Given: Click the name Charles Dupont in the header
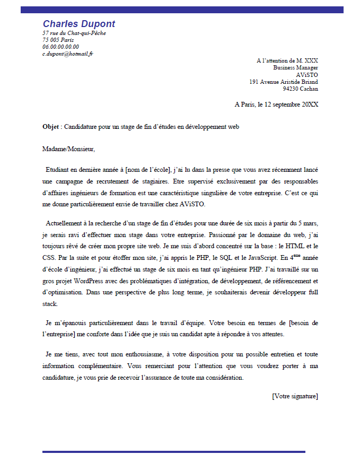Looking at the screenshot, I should tap(78, 24).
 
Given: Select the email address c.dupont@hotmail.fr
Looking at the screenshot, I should tap(68, 54).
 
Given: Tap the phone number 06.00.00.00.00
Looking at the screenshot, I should tap(60, 47).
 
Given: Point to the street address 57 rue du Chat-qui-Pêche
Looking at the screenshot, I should tap(74, 33).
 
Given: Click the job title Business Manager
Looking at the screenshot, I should tap(295, 68).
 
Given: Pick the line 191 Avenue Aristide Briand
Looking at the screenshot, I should tap(284, 82).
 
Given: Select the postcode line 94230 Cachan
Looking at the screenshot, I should tap(300, 89).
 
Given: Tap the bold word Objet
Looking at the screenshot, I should tap(51, 127).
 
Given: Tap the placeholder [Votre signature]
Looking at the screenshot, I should tap(295, 396).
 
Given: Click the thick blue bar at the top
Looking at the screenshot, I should tap(182, 10).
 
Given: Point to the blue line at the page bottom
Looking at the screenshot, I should tap(173, 452).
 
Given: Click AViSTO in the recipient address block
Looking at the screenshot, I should tap(308, 75).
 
